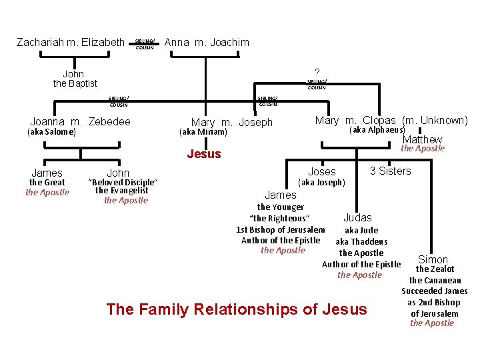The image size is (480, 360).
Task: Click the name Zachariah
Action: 39,43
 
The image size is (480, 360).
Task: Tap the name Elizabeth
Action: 101,43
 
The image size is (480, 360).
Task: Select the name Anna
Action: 177,43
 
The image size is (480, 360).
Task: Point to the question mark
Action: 317,72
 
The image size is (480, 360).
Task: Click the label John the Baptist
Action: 75,79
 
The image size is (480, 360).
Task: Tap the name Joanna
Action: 48,121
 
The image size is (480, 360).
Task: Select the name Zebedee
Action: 109,121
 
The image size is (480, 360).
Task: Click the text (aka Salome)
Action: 51,132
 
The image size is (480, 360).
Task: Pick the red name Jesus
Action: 203,154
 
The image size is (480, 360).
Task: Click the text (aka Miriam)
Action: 203,132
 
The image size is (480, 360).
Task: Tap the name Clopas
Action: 379,121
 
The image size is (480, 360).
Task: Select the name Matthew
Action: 422,139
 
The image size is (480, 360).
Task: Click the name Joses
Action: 321,172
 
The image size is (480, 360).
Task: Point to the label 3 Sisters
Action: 391,171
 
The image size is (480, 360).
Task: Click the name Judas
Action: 357,218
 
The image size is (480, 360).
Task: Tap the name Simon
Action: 433,259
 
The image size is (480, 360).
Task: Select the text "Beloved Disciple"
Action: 123,182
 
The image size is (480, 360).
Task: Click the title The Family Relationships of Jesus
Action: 237,309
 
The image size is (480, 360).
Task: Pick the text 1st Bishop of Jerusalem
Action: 281,229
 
